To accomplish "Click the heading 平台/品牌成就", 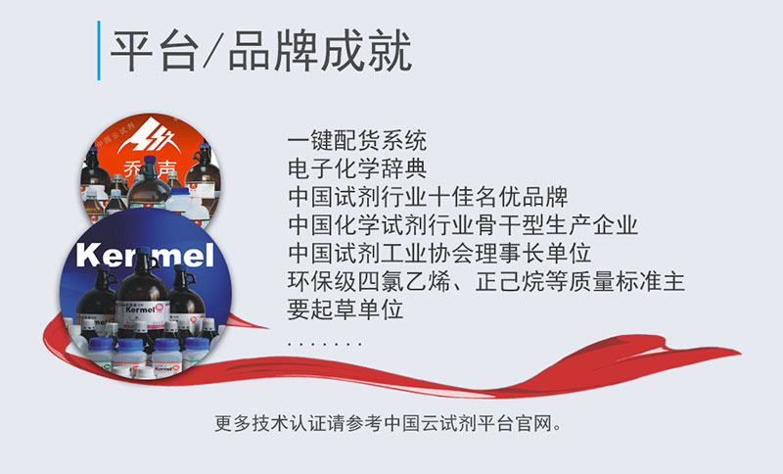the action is tap(260, 51).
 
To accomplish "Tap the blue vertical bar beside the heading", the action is tap(99, 51).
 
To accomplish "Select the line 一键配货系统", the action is tap(357, 140).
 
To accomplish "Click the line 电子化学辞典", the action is tap(357, 168).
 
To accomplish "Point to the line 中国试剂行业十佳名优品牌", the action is tap(428, 196).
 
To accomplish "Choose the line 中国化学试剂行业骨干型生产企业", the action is tap(463, 225).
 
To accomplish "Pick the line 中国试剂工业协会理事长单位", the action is tap(439, 253).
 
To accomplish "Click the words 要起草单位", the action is tap(345, 309).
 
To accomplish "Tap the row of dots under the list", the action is tap(325, 344).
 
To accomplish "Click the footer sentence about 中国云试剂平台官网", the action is tap(389, 423).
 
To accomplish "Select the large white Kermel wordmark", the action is tap(145, 256).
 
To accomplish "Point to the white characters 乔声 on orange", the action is tap(150, 168).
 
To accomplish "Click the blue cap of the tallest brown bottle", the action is tap(144, 250).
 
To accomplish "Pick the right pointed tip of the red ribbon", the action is tap(739, 355).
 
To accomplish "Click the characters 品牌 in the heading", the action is tap(273, 51).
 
